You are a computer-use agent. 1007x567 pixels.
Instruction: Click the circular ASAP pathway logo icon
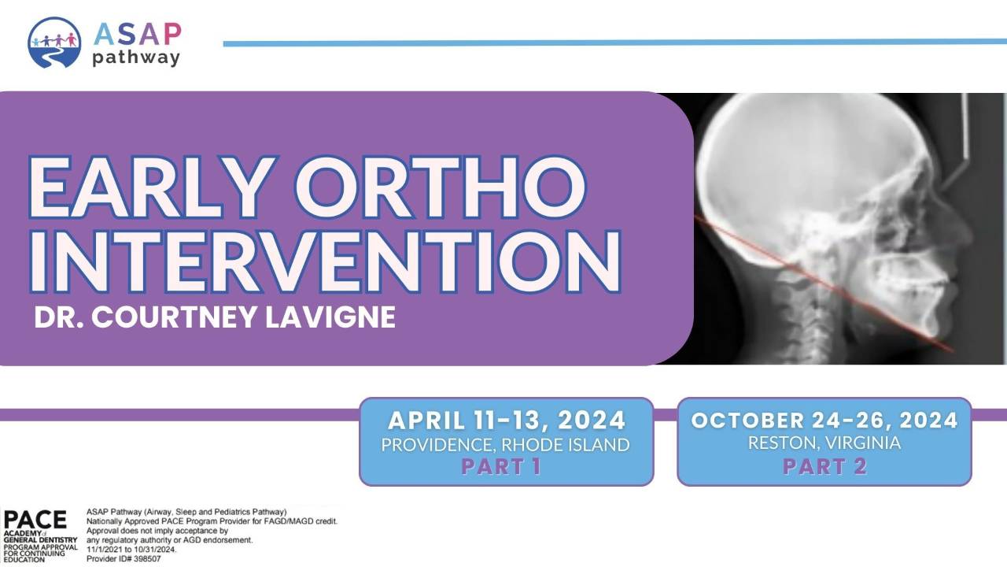54,43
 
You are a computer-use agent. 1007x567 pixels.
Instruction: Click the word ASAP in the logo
138,34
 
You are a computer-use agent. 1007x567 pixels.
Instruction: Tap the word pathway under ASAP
136,58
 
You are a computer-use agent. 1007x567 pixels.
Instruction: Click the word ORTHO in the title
441,187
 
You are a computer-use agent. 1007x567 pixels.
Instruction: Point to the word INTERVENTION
325,262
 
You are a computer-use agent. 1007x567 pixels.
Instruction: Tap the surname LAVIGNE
330,317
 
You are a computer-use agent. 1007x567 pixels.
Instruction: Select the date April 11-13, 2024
507,421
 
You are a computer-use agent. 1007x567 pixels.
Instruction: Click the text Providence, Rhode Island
505,445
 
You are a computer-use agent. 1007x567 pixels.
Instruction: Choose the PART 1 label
501,466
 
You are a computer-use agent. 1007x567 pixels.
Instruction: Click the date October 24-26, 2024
824,421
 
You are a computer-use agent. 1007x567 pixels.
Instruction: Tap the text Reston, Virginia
824,443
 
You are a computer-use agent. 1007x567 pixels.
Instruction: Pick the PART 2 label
825,466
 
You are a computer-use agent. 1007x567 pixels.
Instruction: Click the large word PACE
35,521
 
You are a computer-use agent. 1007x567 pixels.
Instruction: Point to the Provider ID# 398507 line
124,559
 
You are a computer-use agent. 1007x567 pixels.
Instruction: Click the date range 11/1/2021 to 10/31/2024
131,550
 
